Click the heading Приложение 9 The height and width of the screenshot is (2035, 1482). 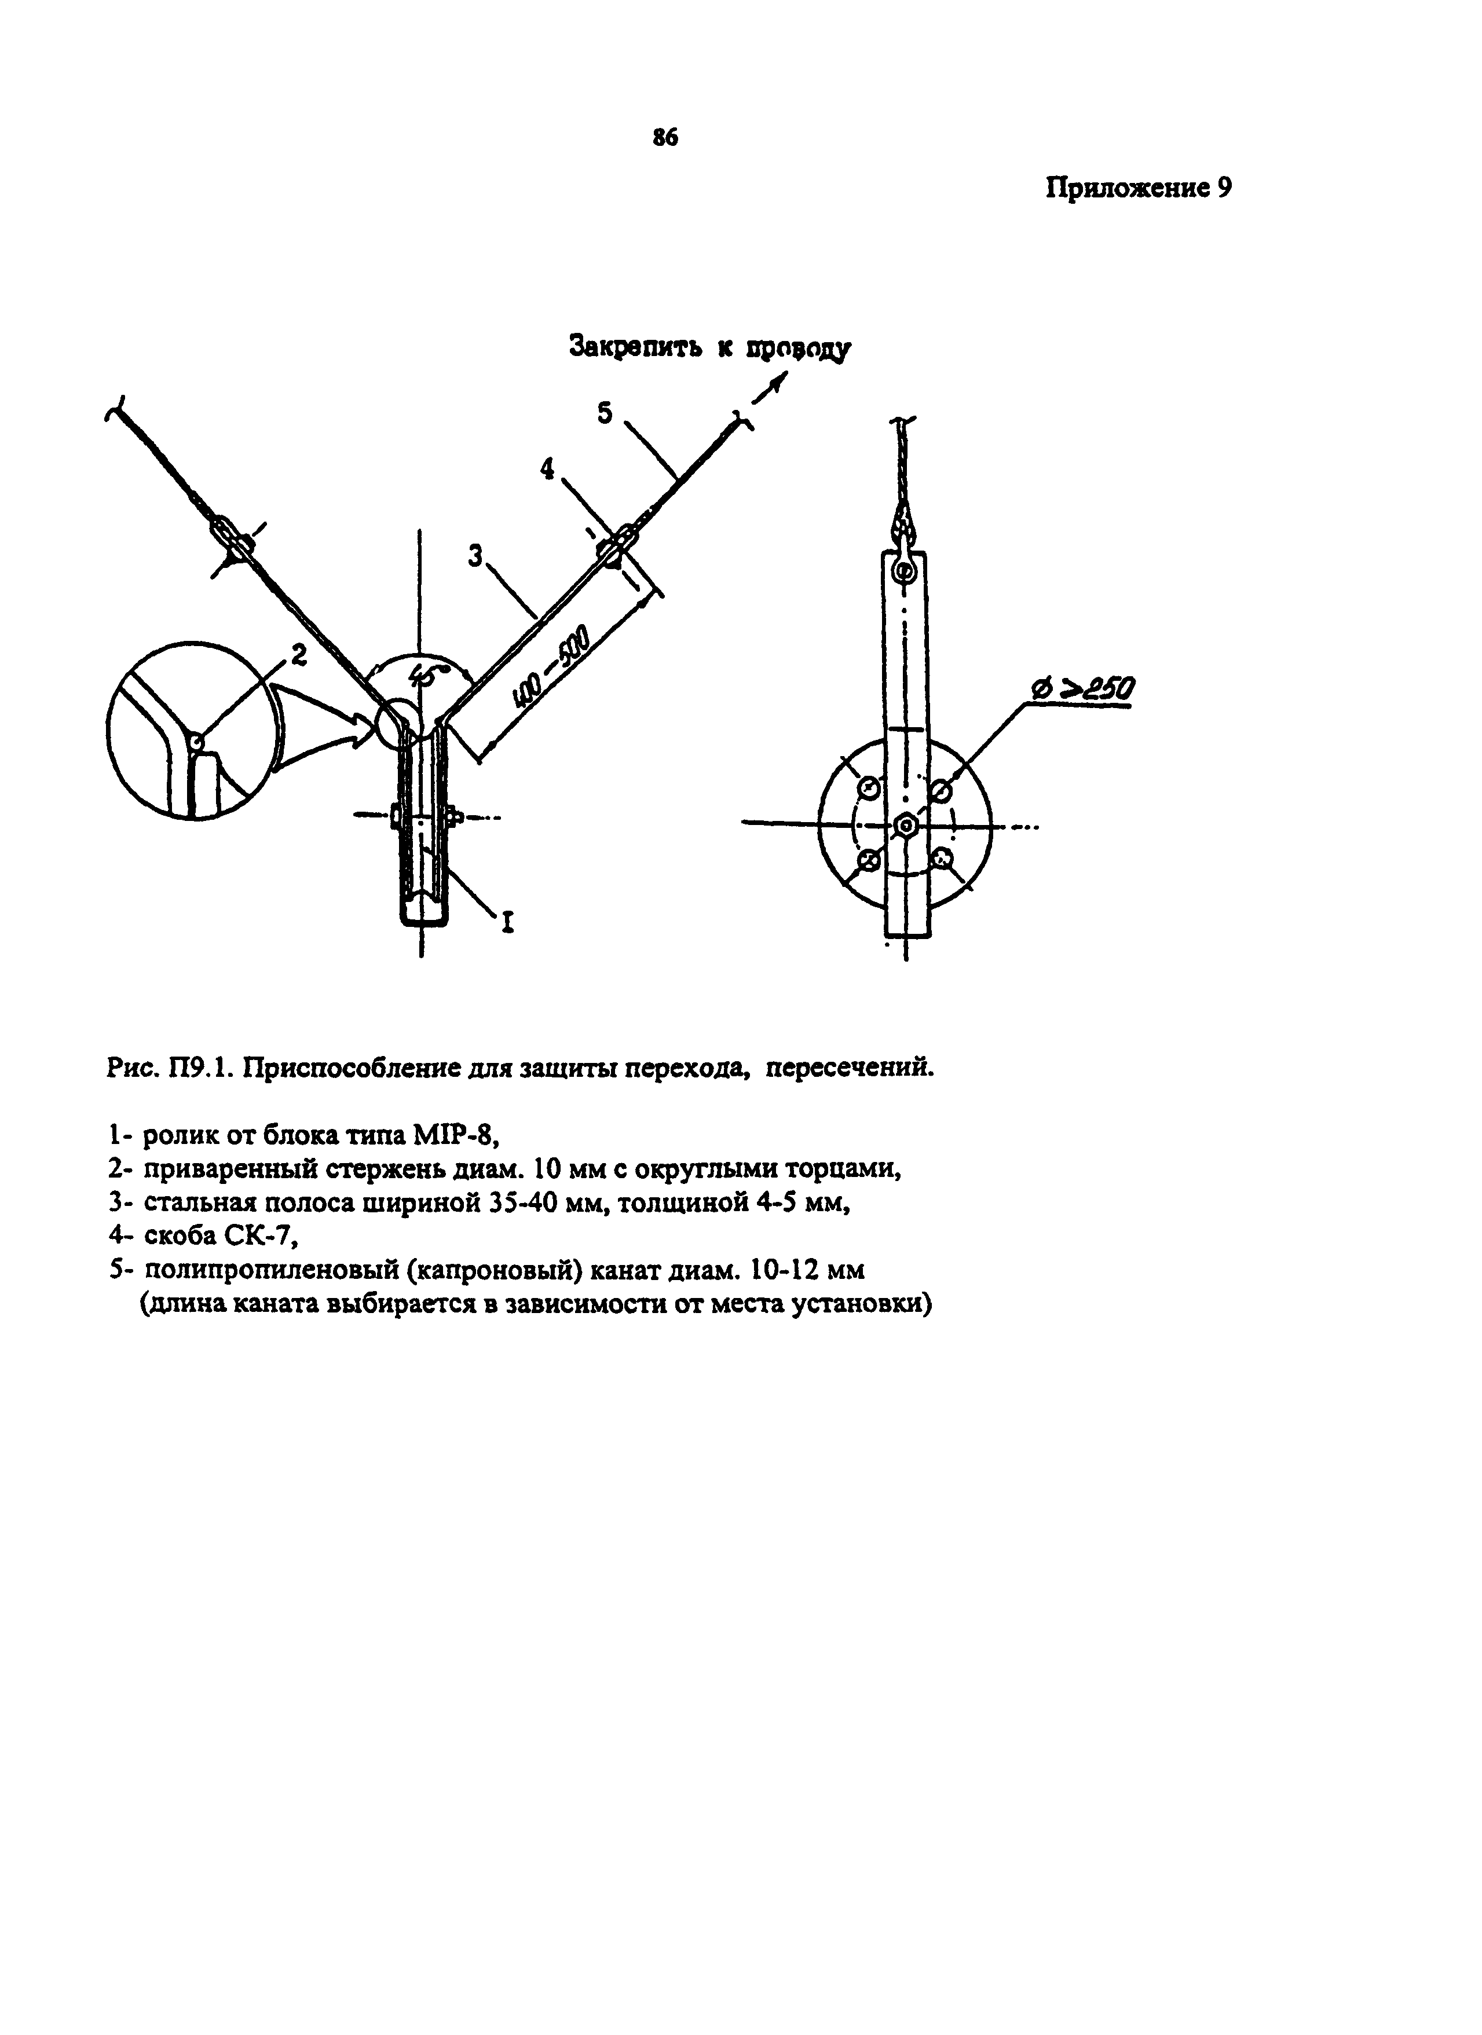(1138, 189)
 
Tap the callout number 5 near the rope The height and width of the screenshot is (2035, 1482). (605, 413)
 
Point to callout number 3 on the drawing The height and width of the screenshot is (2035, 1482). (475, 557)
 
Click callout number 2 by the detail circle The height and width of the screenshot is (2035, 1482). (299, 656)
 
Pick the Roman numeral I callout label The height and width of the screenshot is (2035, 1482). (508, 922)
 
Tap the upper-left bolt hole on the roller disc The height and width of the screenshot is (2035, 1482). (869, 788)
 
